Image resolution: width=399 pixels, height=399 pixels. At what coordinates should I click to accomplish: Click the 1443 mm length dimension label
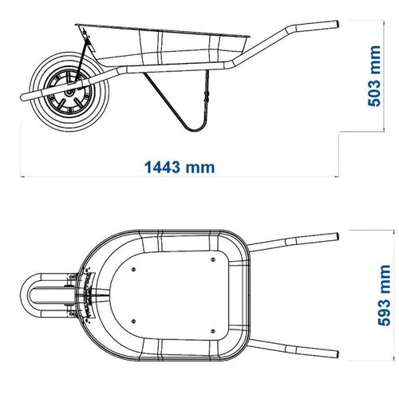click(180, 168)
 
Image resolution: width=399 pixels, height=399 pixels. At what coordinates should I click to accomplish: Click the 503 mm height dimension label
click(374, 76)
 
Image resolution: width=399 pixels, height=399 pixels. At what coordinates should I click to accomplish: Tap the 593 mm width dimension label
click(384, 295)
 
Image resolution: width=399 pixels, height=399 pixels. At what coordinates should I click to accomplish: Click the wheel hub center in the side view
click(69, 93)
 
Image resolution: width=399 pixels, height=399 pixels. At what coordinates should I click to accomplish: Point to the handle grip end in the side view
click(336, 24)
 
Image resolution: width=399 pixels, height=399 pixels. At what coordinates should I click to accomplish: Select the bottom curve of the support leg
click(195, 129)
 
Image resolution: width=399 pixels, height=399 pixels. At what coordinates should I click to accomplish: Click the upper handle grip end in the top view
click(337, 237)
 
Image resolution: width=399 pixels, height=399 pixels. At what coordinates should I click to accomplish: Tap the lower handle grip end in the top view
click(337, 354)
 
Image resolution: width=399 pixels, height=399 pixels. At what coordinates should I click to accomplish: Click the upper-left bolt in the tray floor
click(133, 270)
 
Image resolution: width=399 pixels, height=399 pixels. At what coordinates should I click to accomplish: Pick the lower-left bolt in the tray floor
click(133, 322)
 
